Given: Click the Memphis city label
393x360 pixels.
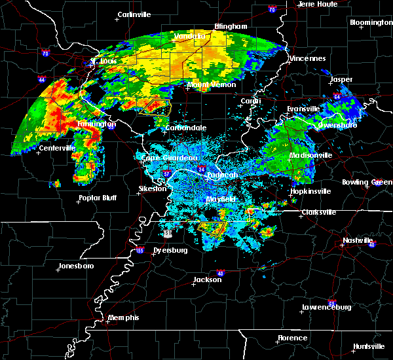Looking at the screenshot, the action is [124, 317].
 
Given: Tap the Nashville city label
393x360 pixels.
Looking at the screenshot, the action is [358, 240].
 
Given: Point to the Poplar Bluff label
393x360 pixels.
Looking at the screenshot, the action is [97, 198].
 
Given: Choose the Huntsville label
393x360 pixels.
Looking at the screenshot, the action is [369, 346].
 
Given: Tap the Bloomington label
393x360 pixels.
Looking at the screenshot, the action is [371, 22].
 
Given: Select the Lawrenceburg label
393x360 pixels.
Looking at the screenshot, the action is [327, 307].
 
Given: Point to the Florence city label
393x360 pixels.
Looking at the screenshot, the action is [291, 338].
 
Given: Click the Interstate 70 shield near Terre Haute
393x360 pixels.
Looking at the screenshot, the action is [272, 10].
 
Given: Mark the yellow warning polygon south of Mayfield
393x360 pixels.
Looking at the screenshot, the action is [212, 228].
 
